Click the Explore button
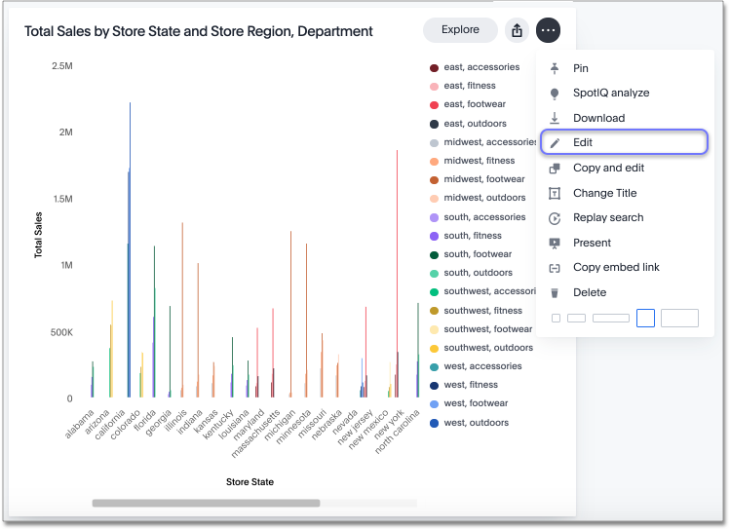point(460,30)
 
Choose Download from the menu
point(598,118)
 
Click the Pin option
point(581,68)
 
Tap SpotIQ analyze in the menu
point(610,93)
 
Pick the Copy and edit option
point(608,168)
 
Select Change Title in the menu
point(604,193)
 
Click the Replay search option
point(608,217)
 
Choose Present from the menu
point(592,243)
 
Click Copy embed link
point(616,267)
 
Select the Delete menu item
point(590,292)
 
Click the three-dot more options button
point(549,30)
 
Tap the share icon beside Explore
point(518,30)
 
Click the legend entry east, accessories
point(481,67)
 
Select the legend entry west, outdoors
point(476,423)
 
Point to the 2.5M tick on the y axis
point(61,65)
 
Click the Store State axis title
point(250,481)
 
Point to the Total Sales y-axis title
point(39,234)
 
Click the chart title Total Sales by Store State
point(198,31)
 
